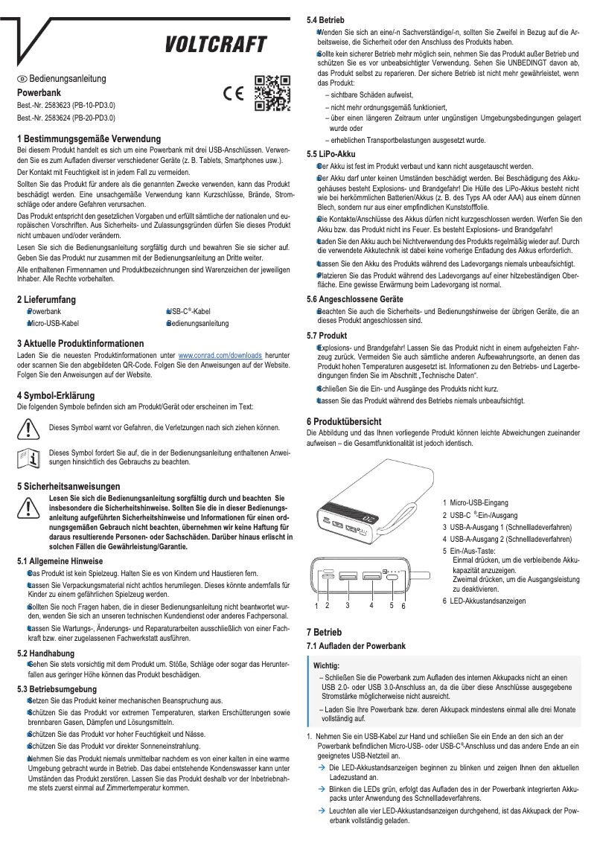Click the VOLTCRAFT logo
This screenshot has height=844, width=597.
click(216, 46)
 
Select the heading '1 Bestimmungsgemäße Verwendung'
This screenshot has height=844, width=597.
click(89, 139)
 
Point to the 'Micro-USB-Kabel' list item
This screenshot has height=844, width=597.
click(52, 324)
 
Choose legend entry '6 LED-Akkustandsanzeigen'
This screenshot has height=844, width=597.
click(486, 601)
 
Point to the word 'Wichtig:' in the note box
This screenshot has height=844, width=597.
click(328, 664)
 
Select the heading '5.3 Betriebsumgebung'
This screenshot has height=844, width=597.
click(56, 689)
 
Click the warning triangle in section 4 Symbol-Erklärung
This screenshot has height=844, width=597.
click(28, 429)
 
